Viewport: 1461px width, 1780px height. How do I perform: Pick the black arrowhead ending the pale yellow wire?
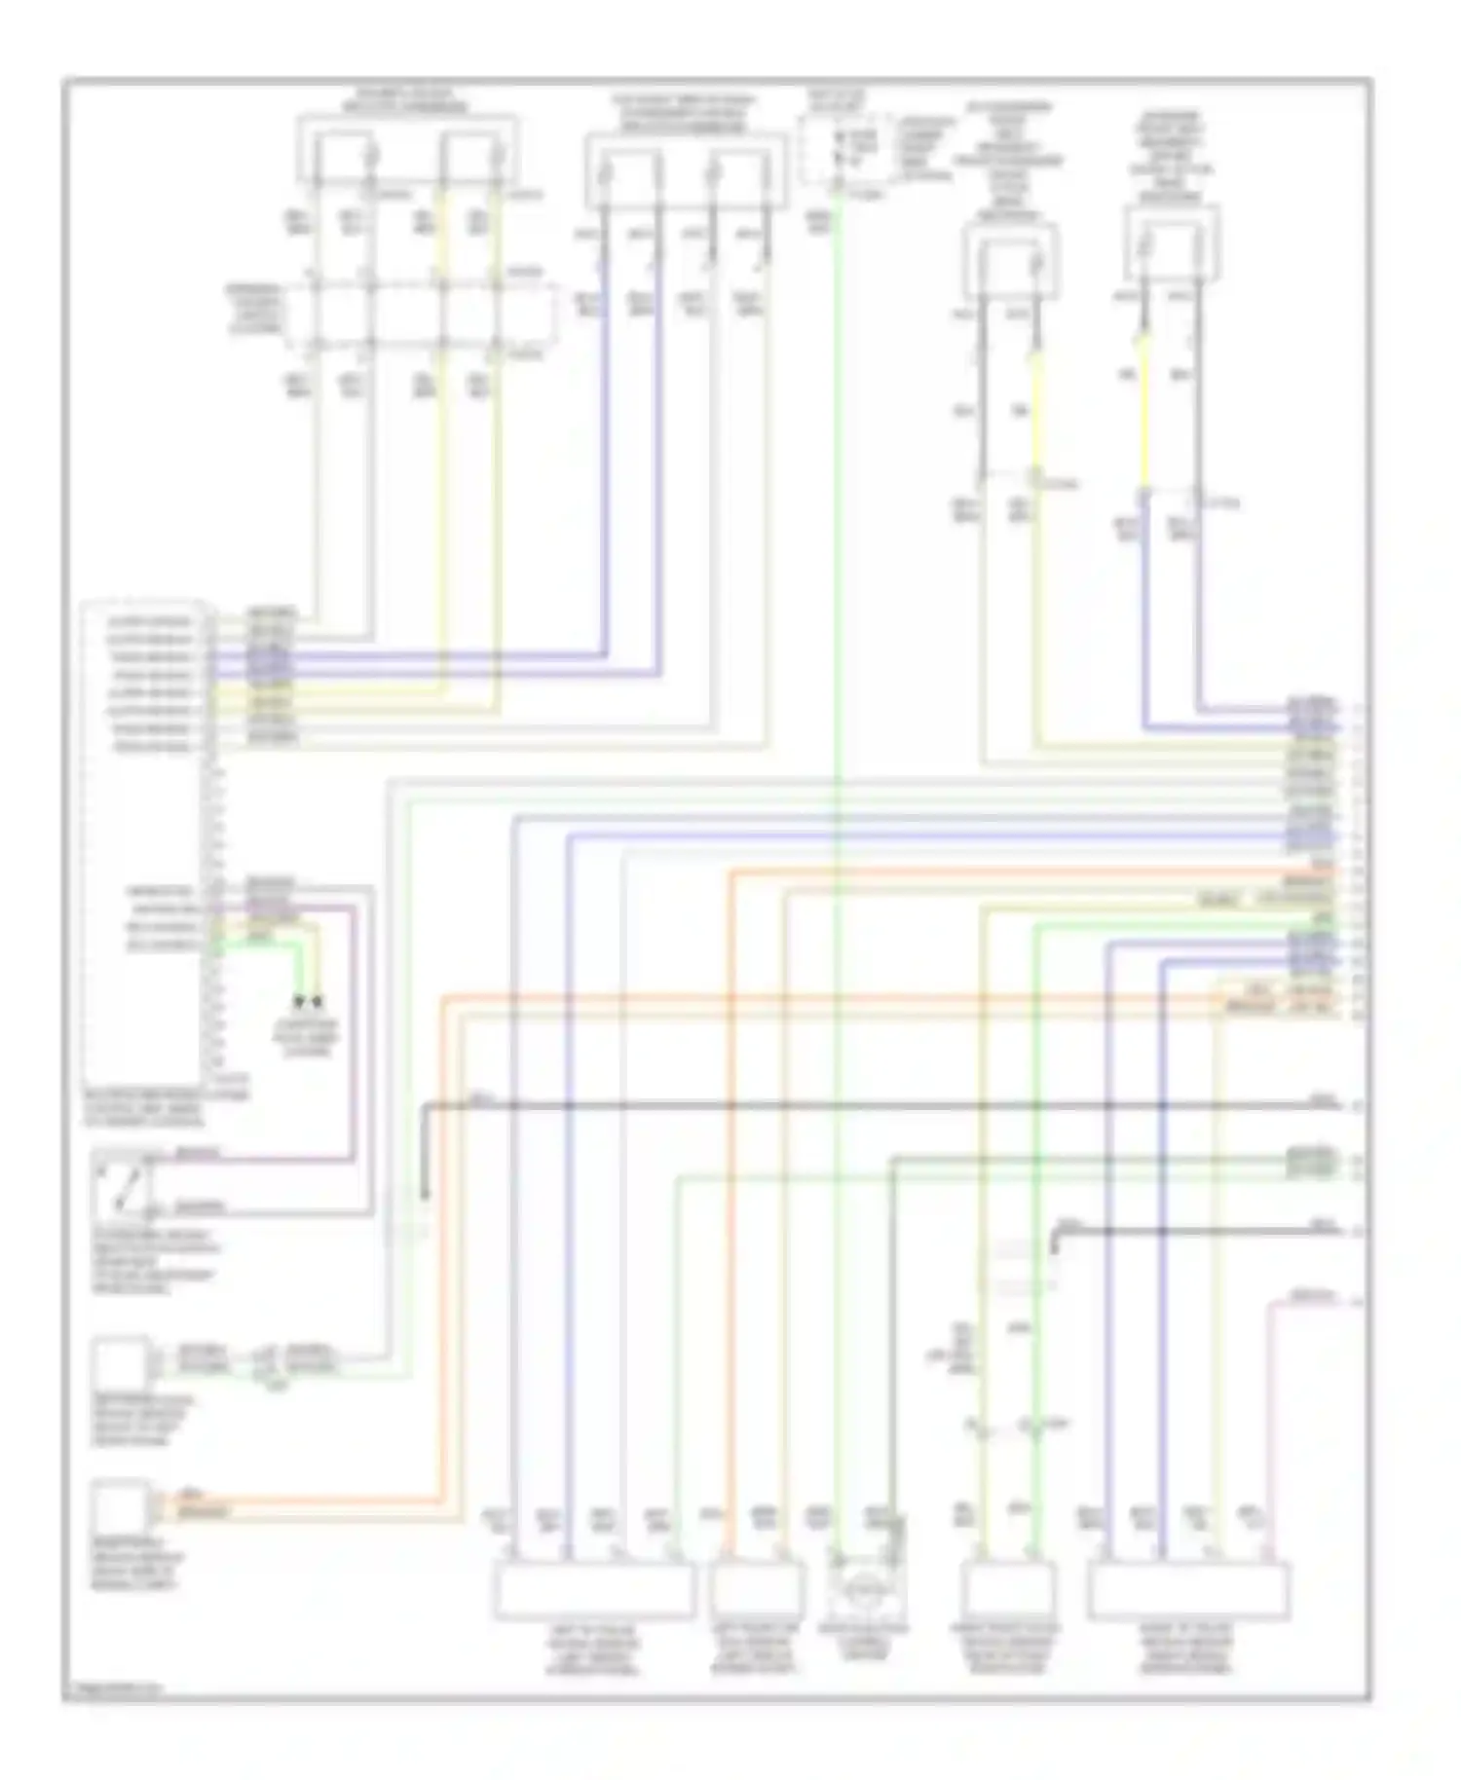318,1000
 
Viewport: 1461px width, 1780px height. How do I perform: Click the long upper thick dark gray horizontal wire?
877,1106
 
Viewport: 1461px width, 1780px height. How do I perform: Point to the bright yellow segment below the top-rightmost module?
1143,409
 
